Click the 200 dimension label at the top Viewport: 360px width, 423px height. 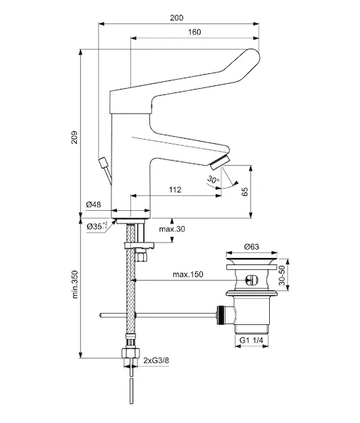[176, 18]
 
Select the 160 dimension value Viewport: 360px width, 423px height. [194, 32]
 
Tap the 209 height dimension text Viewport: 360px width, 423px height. [75, 137]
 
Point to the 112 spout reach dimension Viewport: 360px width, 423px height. [175, 190]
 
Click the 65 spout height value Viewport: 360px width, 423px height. [244, 191]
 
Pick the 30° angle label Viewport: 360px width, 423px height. [213, 179]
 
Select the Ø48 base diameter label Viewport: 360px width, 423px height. [94, 204]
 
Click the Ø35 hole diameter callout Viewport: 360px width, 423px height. [97, 226]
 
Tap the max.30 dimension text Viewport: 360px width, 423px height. [172, 229]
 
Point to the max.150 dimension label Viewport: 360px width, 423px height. [188, 274]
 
